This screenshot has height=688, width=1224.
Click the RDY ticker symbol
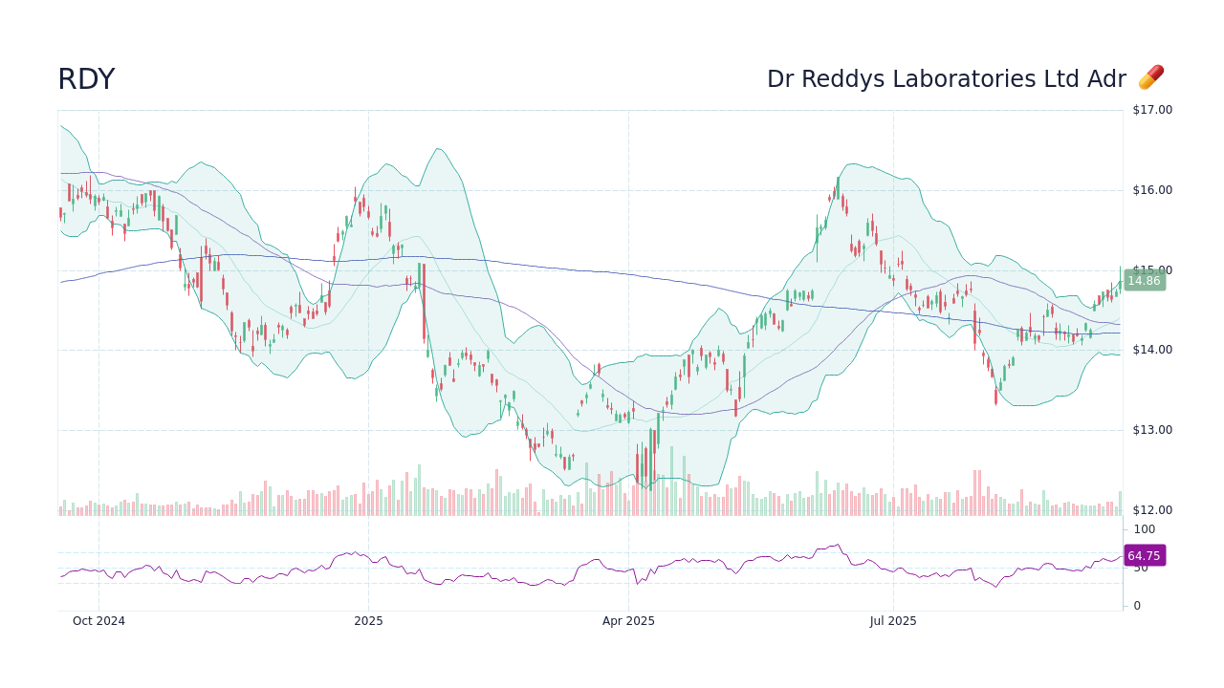(x=86, y=80)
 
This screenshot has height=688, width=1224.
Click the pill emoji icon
(x=1150, y=78)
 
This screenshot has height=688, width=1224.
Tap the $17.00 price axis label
(x=1151, y=110)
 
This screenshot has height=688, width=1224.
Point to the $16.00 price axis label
(x=1151, y=190)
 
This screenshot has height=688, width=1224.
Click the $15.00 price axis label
(x=1151, y=270)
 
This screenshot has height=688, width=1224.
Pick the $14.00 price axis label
(x=1151, y=350)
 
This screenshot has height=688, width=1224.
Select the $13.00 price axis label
(x=1151, y=430)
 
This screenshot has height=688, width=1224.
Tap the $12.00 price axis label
(x=1151, y=510)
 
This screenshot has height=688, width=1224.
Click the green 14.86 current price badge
(x=1144, y=281)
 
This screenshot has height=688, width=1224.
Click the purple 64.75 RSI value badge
(x=1144, y=556)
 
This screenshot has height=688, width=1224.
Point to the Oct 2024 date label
(x=98, y=621)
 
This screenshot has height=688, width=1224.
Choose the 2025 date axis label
(x=368, y=621)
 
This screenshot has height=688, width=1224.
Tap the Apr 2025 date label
(x=628, y=621)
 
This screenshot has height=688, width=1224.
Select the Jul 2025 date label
(x=893, y=621)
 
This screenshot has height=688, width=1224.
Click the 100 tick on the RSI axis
(x=1144, y=529)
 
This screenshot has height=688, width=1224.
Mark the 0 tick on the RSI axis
(x=1137, y=606)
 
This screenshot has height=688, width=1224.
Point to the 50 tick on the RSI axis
(x=1140, y=569)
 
